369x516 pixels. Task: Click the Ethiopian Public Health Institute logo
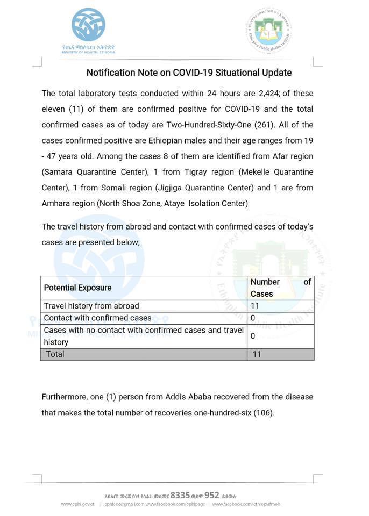click(x=268, y=30)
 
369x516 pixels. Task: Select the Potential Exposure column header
click(x=78, y=288)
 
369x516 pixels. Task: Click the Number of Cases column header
click(x=280, y=288)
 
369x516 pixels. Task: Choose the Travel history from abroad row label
click(x=91, y=306)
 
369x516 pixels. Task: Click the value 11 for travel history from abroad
click(x=255, y=306)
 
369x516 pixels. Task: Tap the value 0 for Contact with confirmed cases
click(x=253, y=318)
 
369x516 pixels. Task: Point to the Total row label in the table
click(x=55, y=354)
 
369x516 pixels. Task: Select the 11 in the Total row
click(x=257, y=354)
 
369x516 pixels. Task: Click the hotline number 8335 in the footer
click(x=180, y=496)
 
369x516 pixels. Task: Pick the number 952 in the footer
click(x=211, y=496)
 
